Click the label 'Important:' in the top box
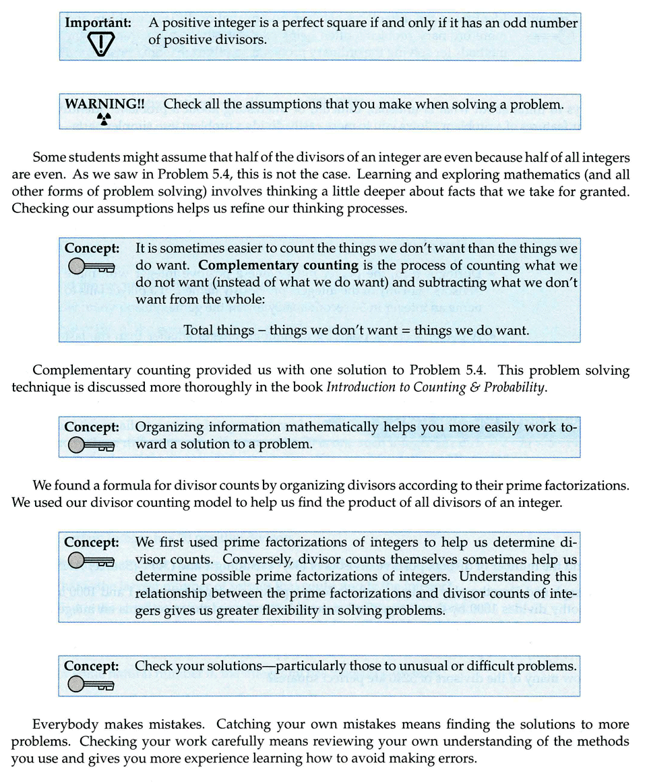(x=98, y=22)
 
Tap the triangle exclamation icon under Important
(x=99, y=44)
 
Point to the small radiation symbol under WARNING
(x=103, y=120)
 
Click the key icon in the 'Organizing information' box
(x=92, y=445)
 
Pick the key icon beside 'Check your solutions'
(x=92, y=684)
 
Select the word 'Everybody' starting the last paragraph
(x=62, y=725)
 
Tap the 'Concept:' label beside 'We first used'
(x=92, y=542)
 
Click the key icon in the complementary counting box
(x=92, y=266)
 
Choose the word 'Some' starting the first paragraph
(x=47, y=158)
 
